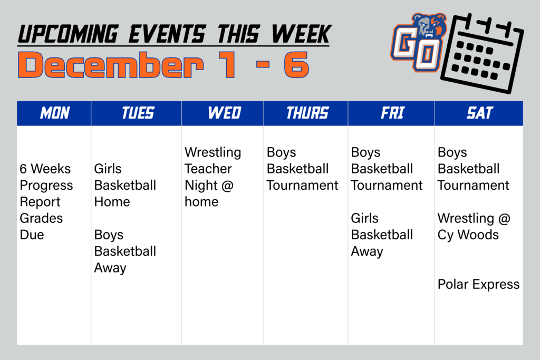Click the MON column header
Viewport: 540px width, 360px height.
[55, 113]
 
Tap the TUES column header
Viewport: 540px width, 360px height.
[138, 113]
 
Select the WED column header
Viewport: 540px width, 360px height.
[224, 113]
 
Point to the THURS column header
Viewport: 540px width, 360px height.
[307, 113]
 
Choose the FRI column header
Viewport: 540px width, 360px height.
[392, 113]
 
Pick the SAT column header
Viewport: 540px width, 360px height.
[479, 113]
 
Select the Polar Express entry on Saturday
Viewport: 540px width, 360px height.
[478, 285]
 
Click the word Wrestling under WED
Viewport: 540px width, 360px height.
[213, 152]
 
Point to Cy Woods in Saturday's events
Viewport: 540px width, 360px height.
[468, 235]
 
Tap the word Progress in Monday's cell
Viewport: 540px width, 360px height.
[46, 186]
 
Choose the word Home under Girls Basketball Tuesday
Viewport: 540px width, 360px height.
[112, 202]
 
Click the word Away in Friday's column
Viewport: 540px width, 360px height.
[367, 251]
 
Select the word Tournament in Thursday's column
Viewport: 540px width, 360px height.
[302, 186]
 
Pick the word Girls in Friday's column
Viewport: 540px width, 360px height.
[364, 218]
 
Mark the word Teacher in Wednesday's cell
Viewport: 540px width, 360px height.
[208, 169]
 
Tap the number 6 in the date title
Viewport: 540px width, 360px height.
[295, 65]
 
